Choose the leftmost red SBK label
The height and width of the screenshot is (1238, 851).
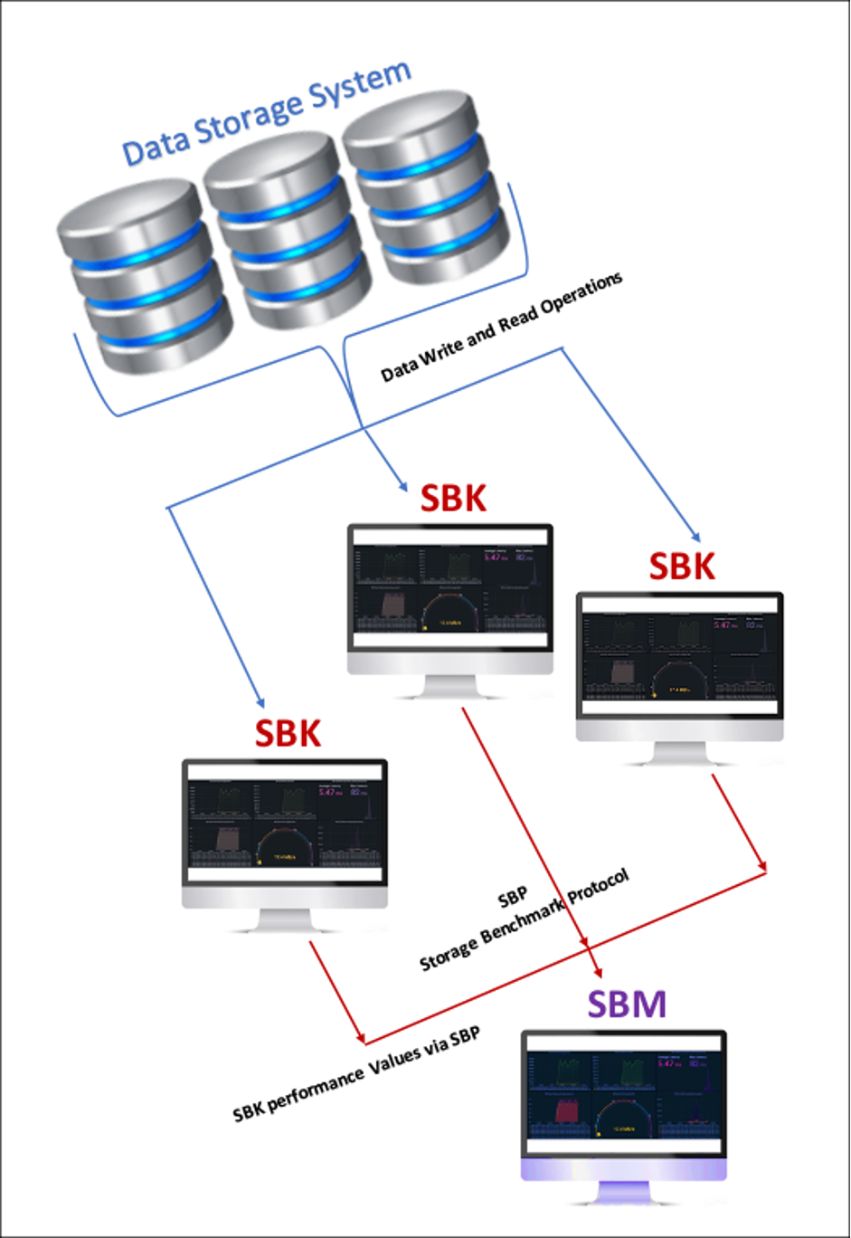tap(288, 733)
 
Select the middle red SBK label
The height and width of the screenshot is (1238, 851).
tap(453, 498)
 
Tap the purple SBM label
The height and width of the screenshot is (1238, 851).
tap(627, 1005)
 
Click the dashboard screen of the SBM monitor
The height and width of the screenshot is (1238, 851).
tap(624, 1096)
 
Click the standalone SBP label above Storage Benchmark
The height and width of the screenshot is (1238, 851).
tap(513, 899)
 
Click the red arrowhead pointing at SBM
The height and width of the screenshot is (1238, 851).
tap(597, 970)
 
